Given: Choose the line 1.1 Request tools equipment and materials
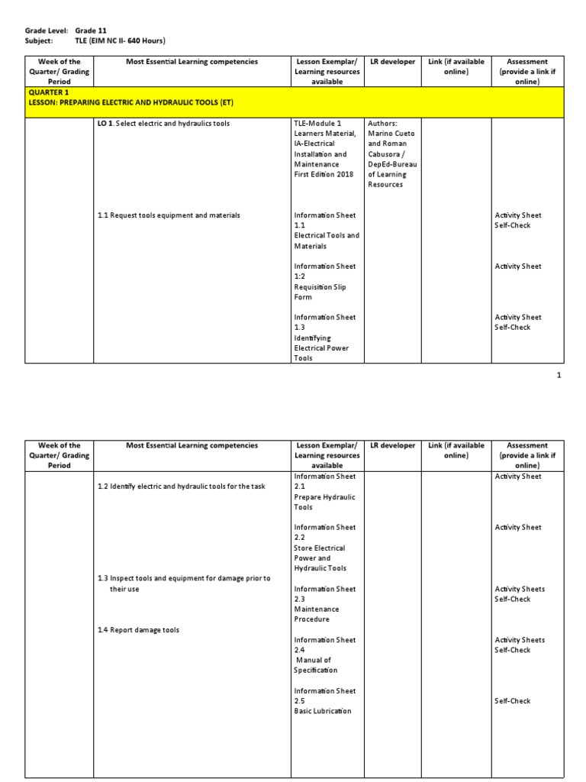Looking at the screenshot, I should tap(169, 215).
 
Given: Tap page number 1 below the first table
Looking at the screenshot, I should tap(559, 375).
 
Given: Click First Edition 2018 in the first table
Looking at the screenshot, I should tap(324, 174).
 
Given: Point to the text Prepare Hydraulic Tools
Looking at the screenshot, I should tap(324, 502).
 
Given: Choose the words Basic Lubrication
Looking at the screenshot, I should tap(323, 711).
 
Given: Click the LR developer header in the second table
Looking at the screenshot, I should tap(392, 445).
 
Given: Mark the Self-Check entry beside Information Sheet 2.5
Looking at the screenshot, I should tap(512, 701).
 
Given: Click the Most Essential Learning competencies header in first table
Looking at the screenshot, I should tap(192, 62).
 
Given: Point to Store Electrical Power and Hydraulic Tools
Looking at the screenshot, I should tap(320, 558).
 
